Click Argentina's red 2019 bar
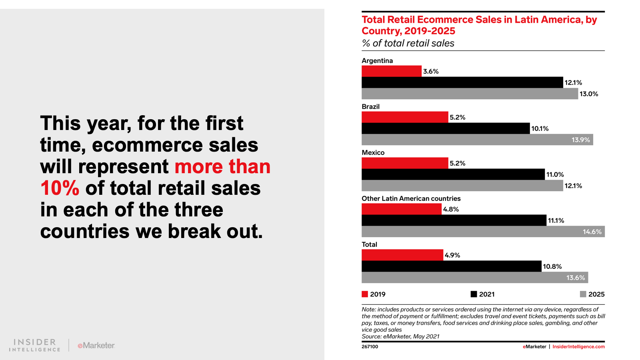coord(391,71)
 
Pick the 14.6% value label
coord(592,232)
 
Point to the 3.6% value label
coord(431,72)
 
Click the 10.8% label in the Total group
coord(552,266)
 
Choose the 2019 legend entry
coord(374,294)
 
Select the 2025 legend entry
coord(592,294)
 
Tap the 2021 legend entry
coord(483,294)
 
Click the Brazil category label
coord(370,107)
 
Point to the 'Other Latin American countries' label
coord(411,199)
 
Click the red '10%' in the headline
coord(60,188)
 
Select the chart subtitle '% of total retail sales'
coord(408,43)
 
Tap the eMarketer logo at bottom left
coord(96,345)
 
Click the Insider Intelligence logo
coord(35,345)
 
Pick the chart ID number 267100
coord(370,347)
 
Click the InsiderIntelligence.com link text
coord(578,347)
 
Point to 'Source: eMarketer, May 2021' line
coord(400,336)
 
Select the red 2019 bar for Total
coord(402,255)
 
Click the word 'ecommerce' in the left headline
coord(147,145)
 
